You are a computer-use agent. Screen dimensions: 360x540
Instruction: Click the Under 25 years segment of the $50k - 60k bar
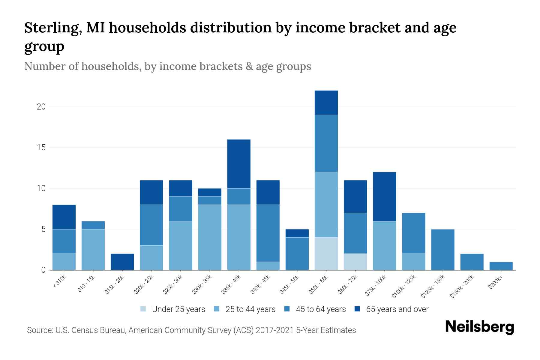coord(326,253)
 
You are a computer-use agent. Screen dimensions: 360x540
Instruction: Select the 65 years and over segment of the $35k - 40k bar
coord(239,164)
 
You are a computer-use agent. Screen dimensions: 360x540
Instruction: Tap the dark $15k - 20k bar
coord(122,262)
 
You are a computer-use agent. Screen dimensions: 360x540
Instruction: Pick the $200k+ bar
coord(501,266)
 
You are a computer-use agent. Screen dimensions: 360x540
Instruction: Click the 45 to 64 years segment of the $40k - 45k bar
coord(268,233)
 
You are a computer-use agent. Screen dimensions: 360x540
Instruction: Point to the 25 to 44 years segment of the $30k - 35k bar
coord(210,237)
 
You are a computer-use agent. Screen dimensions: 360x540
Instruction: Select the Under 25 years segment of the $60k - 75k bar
coord(355,262)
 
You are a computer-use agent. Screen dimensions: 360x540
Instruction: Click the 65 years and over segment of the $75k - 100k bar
coord(384,196)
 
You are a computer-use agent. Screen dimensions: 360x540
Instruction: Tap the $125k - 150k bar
coord(442,250)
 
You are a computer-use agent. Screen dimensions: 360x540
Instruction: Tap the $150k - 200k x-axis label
coord(462,286)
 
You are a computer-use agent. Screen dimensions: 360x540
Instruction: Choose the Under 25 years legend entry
coord(173,309)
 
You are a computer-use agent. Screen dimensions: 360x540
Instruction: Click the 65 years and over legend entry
coord(391,309)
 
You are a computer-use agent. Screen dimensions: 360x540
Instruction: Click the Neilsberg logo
coord(479,327)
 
